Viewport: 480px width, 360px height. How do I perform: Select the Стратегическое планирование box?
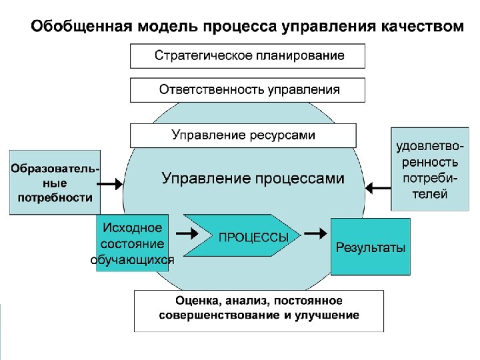[x=248, y=56]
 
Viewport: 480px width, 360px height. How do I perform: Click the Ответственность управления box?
[x=248, y=90]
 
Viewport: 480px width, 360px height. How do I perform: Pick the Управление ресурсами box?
[x=243, y=135]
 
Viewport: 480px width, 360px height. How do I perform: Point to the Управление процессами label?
[x=253, y=179]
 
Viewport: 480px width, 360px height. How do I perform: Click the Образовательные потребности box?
[x=55, y=183]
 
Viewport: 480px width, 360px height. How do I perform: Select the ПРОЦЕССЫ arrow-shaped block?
[x=243, y=236]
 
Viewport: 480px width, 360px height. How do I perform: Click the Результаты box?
[x=370, y=247]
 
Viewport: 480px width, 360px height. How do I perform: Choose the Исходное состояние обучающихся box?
[x=132, y=243]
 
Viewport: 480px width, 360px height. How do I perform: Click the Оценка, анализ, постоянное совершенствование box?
[x=259, y=309]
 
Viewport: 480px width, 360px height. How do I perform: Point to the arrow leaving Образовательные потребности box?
[x=110, y=181]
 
